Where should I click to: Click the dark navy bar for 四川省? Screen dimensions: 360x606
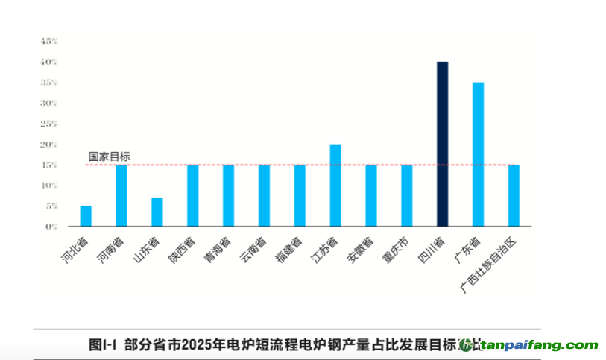click(x=442, y=144)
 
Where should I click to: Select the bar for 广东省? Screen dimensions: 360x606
click(x=478, y=154)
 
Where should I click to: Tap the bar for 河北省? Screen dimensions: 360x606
click(x=86, y=216)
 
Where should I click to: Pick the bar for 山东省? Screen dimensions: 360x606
click(x=157, y=212)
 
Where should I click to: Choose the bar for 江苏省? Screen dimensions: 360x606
click(x=335, y=185)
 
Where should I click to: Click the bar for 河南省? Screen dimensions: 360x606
click(x=121, y=195)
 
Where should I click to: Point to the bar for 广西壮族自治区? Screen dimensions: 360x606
click(x=514, y=195)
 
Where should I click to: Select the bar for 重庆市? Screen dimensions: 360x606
click(x=406, y=195)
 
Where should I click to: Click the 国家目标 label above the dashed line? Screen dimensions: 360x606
click(x=109, y=157)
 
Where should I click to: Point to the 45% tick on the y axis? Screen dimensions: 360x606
click(x=49, y=41)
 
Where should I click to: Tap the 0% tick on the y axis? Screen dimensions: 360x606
click(x=51, y=226)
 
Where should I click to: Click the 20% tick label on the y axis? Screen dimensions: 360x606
click(x=49, y=144)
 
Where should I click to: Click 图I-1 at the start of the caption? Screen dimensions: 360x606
click(x=104, y=344)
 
